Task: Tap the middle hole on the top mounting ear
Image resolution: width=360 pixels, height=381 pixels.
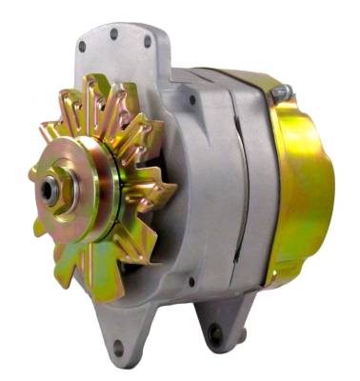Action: pos(114,34)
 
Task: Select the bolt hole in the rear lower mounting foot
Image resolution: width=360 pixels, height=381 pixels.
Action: pos(216,335)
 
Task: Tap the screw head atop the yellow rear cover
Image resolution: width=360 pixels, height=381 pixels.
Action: pos(280,92)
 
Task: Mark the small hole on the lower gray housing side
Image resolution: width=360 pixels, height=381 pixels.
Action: pos(190,282)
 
